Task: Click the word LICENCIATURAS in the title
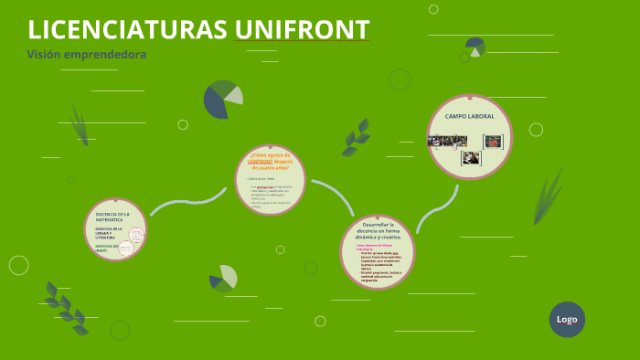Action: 128,29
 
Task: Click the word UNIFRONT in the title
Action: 302,29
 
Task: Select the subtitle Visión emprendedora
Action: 87,54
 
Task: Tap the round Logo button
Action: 567,320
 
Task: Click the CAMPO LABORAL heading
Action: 469,117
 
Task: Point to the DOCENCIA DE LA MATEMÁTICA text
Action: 112,216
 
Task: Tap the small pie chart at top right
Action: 475,46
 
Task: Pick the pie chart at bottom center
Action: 223,279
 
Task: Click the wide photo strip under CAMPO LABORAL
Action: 448,141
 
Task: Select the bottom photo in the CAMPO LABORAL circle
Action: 471,157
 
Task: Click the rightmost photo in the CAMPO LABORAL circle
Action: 493,141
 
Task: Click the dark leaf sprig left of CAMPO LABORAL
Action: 356,137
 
